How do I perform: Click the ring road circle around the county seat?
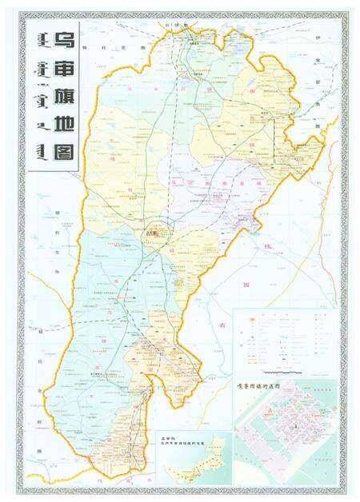pos(158,230)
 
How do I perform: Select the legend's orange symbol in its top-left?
pos(243,317)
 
